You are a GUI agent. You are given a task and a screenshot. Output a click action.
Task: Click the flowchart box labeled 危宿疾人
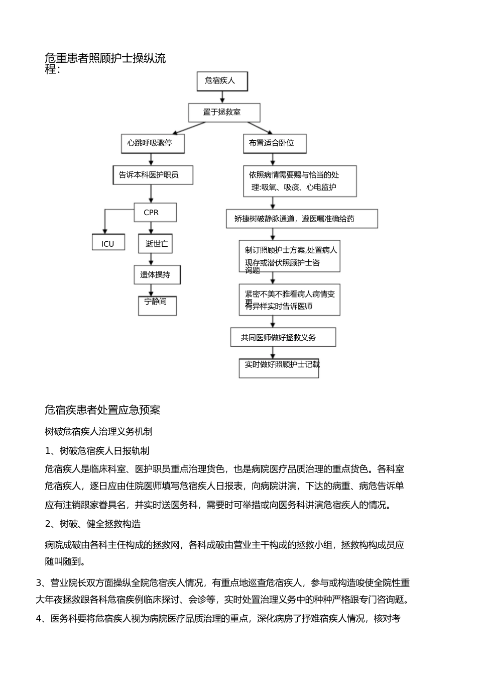222,81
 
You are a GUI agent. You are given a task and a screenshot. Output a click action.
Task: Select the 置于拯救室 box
224,113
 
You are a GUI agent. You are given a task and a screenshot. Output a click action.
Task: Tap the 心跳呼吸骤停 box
152,143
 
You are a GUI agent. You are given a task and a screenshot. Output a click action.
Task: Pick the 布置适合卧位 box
274,143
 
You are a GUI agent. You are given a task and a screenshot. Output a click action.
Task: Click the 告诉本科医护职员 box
152,175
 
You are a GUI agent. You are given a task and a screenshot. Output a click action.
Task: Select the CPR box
155,213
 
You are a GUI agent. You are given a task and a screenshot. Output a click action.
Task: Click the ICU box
108,243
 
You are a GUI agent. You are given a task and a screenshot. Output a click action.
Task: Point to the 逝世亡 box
155,244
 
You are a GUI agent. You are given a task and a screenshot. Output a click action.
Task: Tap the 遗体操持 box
157,275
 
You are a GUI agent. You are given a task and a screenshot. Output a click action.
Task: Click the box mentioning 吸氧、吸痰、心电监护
300,181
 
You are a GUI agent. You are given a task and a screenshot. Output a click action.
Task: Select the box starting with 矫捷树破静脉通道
301,219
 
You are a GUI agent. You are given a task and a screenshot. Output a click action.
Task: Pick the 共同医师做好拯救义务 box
283,337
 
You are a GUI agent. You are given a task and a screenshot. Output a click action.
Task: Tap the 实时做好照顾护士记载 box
279,367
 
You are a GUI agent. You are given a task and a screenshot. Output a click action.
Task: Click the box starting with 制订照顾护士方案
289,256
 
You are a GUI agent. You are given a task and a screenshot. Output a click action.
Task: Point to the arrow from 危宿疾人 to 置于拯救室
222,98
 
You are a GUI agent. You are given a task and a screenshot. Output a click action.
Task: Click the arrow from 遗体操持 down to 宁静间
151,290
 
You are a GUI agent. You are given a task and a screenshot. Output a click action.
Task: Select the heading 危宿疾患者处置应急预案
102,410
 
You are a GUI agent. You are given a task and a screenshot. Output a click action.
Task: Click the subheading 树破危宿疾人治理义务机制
99,431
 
